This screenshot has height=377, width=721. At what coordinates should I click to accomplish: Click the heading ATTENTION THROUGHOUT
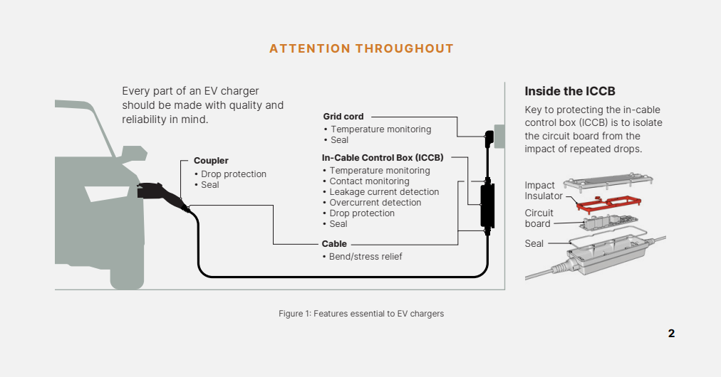[361, 49]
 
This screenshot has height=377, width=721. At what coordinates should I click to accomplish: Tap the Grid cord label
[343, 117]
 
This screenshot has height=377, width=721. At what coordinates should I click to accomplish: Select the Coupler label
[211, 161]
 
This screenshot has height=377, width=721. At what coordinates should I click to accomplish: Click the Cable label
[334, 244]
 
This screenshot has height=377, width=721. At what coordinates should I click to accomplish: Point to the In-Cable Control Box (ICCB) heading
[383, 158]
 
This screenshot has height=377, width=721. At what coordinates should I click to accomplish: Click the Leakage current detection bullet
[384, 192]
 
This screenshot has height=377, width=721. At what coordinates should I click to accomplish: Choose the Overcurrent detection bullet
[375, 203]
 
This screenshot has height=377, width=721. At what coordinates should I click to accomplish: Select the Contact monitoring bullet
[369, 181]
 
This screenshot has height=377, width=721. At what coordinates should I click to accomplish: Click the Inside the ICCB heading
[570, 92]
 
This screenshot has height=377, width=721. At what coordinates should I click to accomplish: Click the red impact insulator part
[606, 205]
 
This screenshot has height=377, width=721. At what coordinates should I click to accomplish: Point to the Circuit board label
[539, 218]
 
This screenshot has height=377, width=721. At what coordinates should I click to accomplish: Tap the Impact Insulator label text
[544, 191]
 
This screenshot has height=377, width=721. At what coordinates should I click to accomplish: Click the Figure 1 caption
[361, 314]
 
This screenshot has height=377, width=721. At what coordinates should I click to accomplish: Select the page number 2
[671, 334]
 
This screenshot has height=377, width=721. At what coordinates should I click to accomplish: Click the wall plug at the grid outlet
[489, 137]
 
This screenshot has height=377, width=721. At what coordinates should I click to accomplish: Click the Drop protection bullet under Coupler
[233, 174]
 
